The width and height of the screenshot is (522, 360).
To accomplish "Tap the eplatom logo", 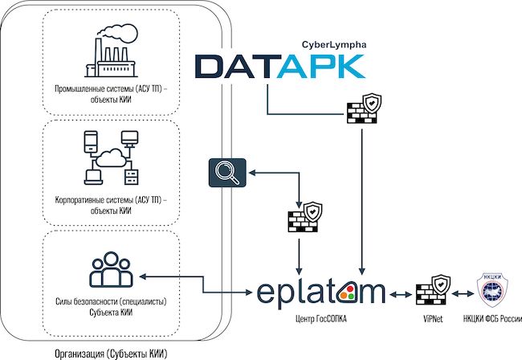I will pos(320,290).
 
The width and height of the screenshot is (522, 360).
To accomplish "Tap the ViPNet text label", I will pos(430,320).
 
